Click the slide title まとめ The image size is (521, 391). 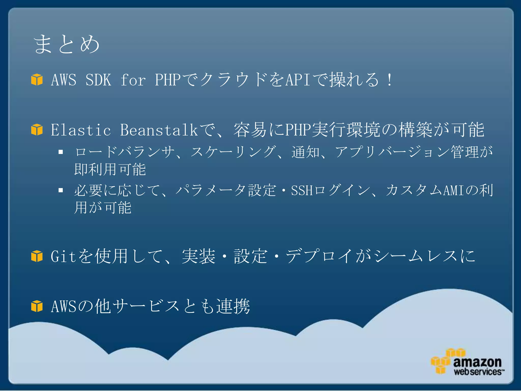pos(67,44)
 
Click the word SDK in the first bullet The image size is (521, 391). pos(98,80)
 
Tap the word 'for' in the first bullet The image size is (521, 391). pos(133,80)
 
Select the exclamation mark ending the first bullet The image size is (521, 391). pos(389,80)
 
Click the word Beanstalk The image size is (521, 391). pos(159,130)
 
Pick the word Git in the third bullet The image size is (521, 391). pos(63,256)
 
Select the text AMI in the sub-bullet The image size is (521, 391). pos(454,190)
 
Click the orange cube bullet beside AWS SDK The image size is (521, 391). pos(37,80)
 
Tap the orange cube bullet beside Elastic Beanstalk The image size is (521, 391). pos(37,130)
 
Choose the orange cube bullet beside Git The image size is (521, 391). pos(37,256)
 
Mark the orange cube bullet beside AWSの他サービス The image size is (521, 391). pos(37,306)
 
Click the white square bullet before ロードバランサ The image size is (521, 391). pos(61,152)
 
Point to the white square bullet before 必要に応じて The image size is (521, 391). pos(61,190)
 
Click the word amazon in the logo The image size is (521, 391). pos(477,362)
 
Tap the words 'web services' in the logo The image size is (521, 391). pos(478,372)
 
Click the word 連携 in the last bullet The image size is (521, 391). pos(233,306)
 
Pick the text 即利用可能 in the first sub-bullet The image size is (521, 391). pos(110,170)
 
